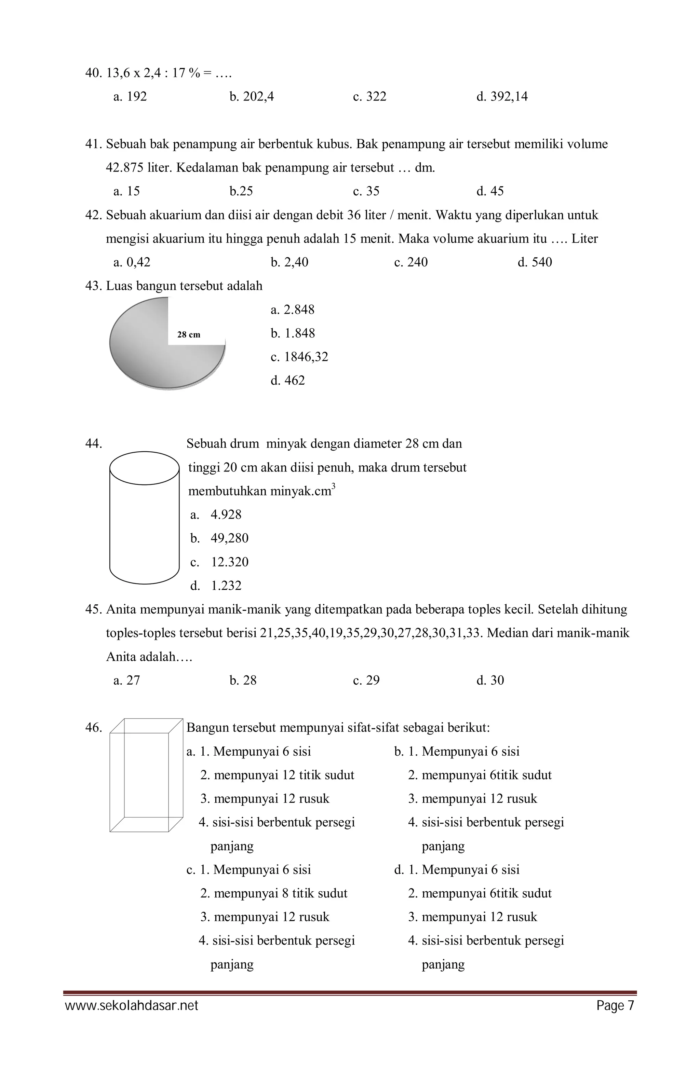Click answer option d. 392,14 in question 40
pos(502,97)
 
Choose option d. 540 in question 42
pos(535,262)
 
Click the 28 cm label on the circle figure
pos(189,334)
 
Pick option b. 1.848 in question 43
pos(293,333)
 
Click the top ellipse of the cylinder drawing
pos(144,468)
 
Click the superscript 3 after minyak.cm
pos(333,486)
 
